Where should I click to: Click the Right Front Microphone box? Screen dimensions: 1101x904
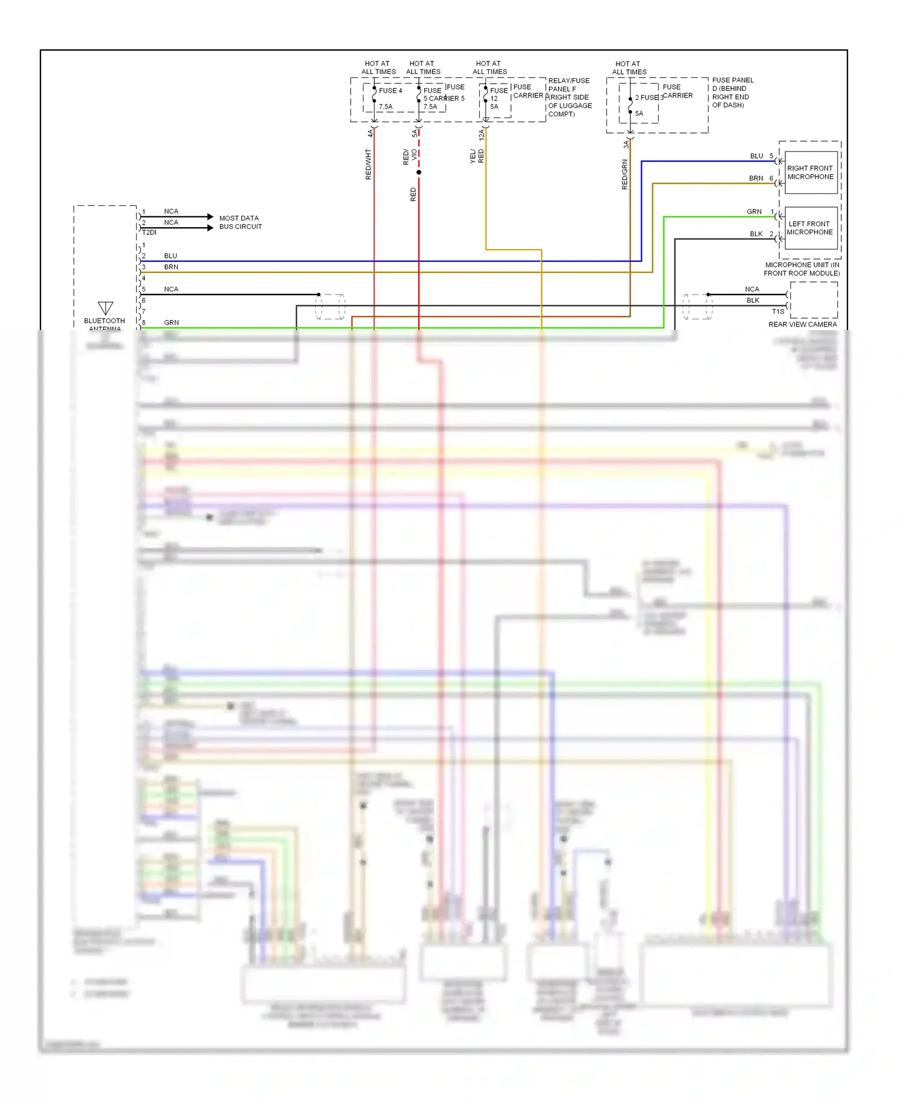tap(811, 172)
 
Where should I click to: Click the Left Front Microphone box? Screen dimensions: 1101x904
tap(811, 228)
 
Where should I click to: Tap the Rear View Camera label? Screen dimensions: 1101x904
tap(802, 324)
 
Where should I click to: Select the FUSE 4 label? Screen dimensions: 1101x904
tap(390, 90)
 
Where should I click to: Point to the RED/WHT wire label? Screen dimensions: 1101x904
tap(368, 164)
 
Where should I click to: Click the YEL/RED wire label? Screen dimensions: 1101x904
tap(477, 157)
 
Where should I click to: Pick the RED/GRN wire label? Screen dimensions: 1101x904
tap(624, 175)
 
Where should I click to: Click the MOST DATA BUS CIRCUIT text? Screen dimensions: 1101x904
tap(240, 222)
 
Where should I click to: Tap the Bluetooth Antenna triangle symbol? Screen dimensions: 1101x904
tap(105, 308)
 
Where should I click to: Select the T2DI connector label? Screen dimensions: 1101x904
tap(149, 232)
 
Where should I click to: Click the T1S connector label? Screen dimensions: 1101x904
tap(778, 311)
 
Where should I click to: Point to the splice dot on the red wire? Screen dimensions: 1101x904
tap(419, 172)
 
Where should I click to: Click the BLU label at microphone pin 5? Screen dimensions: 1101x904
tap(756, 156)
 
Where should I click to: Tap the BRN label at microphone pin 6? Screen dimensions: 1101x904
tap(756, 178)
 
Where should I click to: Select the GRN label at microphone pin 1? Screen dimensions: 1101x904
tap(754, 211)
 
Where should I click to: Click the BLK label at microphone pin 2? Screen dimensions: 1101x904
tap(756, 234)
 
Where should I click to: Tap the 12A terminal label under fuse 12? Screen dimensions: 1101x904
tap(481, 135)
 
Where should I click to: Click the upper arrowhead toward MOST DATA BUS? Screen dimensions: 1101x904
tap(210, 216)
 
